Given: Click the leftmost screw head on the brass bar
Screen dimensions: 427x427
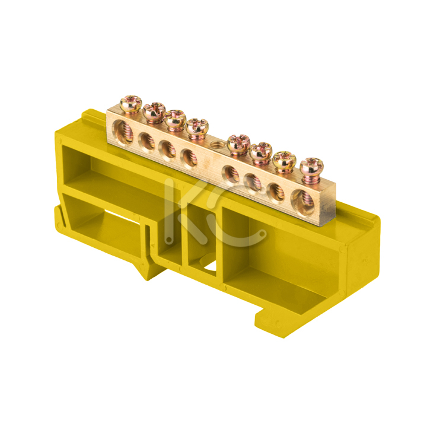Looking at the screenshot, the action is (x=131, y=103).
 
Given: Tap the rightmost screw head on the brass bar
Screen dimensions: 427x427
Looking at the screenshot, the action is (x=311, y=166).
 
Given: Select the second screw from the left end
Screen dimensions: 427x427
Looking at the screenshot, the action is (x=154, y=111).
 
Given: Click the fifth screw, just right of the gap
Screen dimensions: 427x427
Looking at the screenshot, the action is (x=238, y=143).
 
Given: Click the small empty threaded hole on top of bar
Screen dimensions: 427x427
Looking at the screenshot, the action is (x=216, y=144).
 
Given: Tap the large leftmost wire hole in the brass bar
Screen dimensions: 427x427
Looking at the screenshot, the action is (x=123, y=131).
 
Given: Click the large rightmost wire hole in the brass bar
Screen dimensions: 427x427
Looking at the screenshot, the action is (x=303, y=200).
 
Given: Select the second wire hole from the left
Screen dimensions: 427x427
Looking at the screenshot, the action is (x=147, y=141).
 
